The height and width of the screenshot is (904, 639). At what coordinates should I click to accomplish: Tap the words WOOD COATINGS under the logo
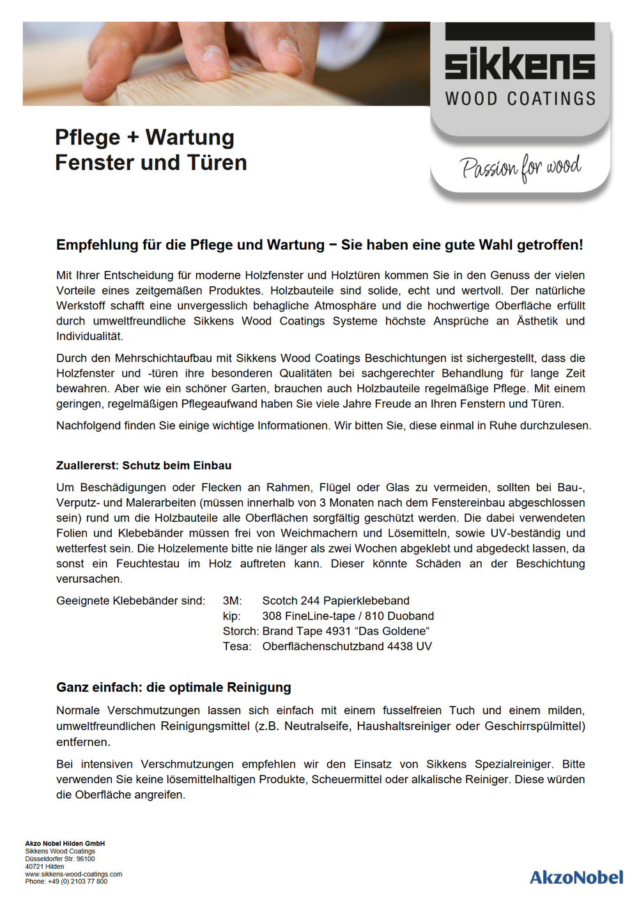[x=520, y=99]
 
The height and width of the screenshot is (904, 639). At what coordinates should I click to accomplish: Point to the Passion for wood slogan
[x=520, y=168]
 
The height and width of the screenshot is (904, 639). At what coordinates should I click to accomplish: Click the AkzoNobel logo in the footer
[x=576, y=877]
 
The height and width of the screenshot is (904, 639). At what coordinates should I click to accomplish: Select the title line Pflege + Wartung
[x=144, y=137]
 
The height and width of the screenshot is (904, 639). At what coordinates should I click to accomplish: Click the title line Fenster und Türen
[x=151, y=163]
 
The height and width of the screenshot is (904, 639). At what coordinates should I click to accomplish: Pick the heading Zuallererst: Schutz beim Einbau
[x=144, y=466]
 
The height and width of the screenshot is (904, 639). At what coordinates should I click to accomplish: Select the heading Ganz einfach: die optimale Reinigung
[x=174, y=687]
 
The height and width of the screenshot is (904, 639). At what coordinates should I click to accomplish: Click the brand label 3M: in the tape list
[x=232, y=601]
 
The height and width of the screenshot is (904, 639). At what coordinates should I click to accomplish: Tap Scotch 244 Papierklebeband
[x=335, y=601]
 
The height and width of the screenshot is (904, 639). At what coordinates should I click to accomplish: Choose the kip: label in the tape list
[x=231, y=616]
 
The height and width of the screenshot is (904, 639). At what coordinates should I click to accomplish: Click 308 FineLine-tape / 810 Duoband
[x=348, y=616]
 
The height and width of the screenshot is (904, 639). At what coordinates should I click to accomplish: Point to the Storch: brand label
[x=240, y=631]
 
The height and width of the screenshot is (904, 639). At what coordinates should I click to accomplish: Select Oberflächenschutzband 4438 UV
[x=347, y=647]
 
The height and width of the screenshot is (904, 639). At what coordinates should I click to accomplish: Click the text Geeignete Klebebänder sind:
[x=131, y=601]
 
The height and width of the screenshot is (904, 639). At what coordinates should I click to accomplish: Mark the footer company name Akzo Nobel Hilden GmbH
[x=65, y=843]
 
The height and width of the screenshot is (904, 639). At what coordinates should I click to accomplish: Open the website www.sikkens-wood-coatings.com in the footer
[x=73, y=874]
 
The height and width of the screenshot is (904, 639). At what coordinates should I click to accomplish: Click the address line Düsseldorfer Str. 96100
[x=60, y=859]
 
